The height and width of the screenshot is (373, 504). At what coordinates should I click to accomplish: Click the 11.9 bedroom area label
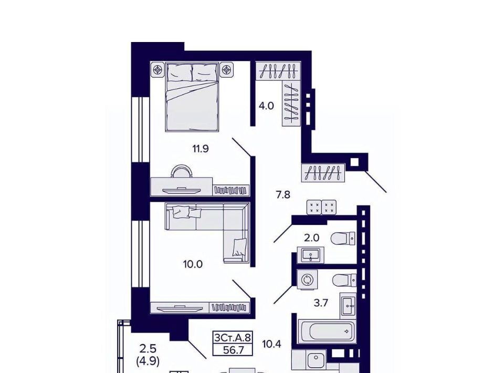tap(201, 149)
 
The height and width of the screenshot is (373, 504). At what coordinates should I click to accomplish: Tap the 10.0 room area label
tap(193, 264)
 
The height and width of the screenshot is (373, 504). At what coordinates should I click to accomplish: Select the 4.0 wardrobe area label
tap(266, 106)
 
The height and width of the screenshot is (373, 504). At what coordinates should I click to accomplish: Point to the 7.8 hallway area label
tap(283, 194)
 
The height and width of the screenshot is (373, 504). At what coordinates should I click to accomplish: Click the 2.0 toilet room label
tap(311, 238)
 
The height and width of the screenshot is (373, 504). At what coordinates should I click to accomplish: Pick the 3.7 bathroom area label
tap(321, 303)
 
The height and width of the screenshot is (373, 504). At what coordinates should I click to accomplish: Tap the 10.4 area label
tap(271, 345)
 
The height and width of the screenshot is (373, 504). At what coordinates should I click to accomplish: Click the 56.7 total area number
tap(233, 350)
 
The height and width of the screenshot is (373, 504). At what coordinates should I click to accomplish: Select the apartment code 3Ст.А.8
tap(233, 338)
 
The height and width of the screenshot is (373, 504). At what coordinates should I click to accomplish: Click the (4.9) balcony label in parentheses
tap(148, 361)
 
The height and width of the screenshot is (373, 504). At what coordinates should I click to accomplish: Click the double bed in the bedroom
tap(192, 97)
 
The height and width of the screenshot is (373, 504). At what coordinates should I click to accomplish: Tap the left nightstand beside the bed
tap(157, 69)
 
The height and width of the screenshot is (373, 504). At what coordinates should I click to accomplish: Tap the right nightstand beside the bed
tap(227, 69)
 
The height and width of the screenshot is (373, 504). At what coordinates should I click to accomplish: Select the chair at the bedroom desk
tap(182, 171)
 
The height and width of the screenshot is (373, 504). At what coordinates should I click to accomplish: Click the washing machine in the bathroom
tap(307, 279)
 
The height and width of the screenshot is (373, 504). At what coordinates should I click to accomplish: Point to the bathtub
tap(327, 331)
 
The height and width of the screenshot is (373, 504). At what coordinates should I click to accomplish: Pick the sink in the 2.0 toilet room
tap(310, 255)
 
